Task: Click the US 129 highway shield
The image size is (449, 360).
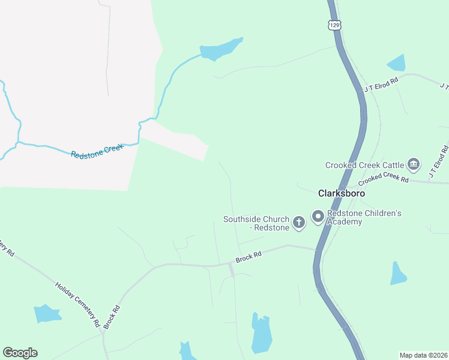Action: click(335, 25)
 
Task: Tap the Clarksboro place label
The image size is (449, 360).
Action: click(341, 194)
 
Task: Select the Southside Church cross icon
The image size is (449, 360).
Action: click(299, 223)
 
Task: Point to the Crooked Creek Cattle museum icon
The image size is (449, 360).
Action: click(413, 164)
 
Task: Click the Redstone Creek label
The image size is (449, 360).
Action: click(97, 151)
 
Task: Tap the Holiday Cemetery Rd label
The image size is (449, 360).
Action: click(77, 304)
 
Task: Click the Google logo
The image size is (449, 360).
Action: click(20, 353)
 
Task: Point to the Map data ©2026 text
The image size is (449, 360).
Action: click(423, 355)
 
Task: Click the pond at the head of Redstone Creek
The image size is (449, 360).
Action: click(220, 50)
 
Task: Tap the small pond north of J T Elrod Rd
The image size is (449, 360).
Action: click(397, 62)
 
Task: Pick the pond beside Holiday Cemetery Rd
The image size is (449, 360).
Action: click(47, 313)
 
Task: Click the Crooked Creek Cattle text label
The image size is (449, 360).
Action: click(364, 165)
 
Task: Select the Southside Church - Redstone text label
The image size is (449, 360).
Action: click(256, 223)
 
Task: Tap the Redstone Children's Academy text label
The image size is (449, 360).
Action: click(364, 217)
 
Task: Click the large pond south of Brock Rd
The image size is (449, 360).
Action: click(262, 334)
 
